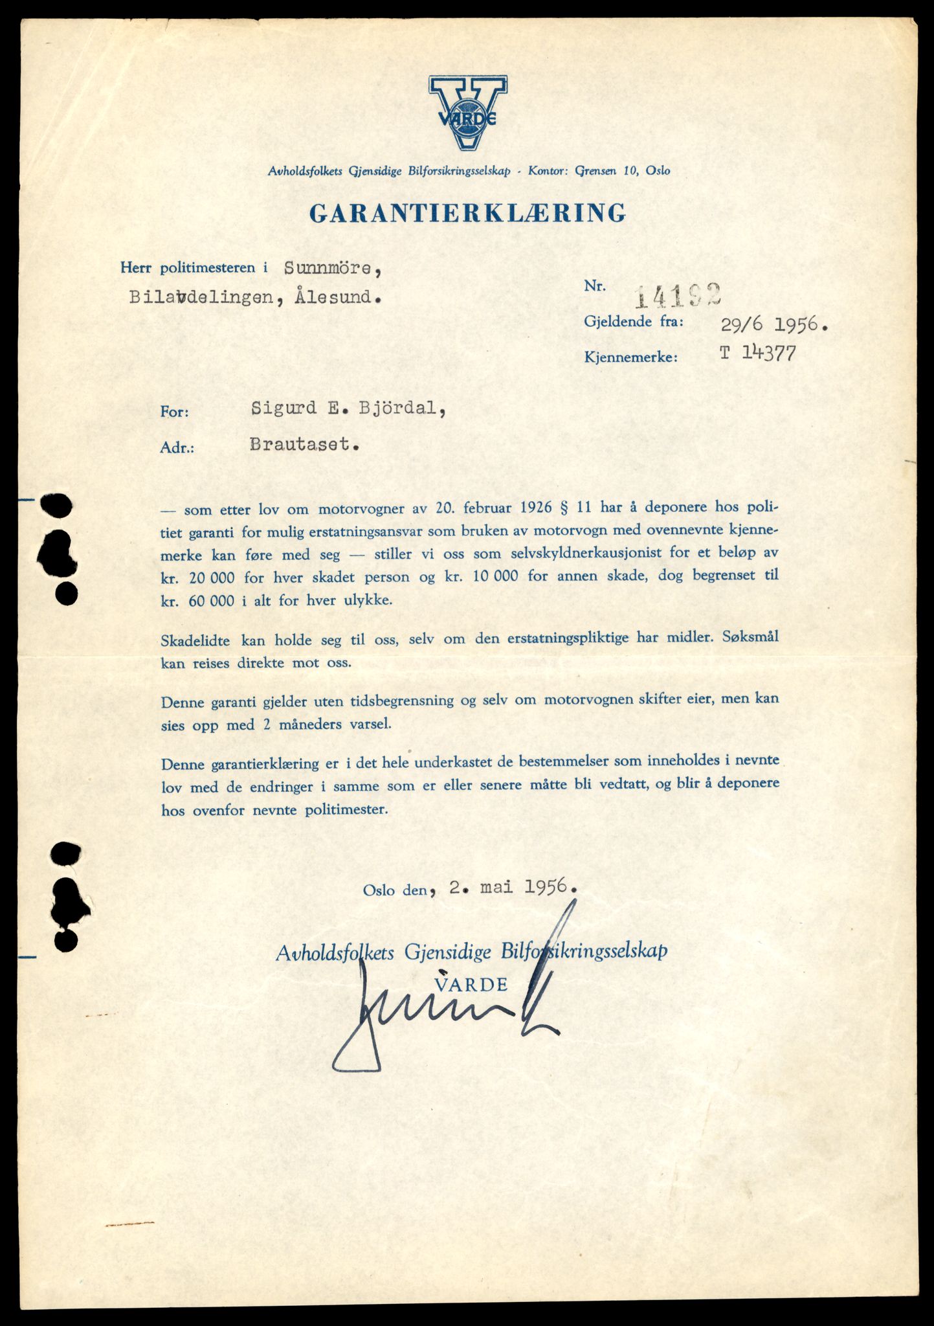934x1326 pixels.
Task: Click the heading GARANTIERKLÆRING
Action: tap(467, 213)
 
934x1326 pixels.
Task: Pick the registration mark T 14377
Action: tap(757, 354)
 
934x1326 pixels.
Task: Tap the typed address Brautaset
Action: tap(303, 445)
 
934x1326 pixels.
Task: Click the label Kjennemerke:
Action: tap(630, 357)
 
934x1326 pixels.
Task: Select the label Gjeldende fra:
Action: tap(634, 321)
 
